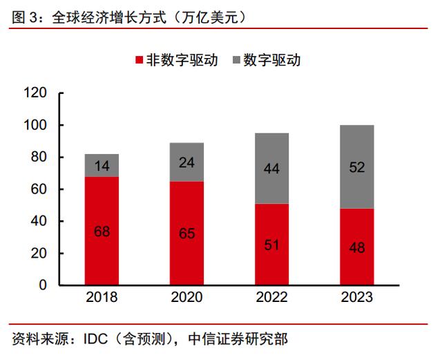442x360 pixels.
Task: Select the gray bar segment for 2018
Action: point(102,165)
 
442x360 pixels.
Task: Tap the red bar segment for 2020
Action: point(186,234)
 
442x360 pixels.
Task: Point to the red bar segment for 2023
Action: point(356,247)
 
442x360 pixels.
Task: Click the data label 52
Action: point(356,167)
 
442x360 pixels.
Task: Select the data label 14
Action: point(102,166)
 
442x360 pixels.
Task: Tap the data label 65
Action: point(186,233)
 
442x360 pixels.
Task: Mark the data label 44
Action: point(271,168)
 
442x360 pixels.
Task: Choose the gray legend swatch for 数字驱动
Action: point(236,60)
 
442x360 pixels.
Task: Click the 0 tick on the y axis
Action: point(43,285)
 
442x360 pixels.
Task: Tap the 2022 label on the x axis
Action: point(271,297)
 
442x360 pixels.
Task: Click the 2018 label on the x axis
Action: point(102,297)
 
